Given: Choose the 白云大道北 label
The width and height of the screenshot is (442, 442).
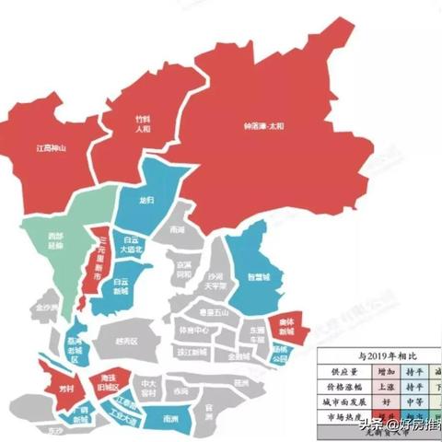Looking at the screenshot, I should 134,245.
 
